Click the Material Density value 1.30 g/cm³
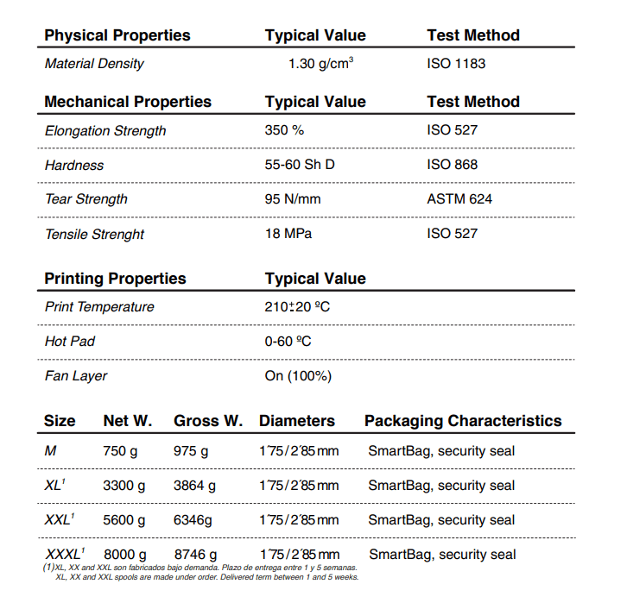point(320,64)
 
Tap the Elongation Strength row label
point(105,131)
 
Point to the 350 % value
point(285,131)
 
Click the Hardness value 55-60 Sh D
point(300,165)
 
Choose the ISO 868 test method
point(452,165)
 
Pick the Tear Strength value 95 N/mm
point(293,199)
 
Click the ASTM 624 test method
point(459,199)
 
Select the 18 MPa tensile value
point(288,234)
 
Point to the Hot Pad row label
point(70,342)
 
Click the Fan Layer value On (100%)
point(298,376)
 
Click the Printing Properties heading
point(115,279)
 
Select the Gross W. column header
point(208,421)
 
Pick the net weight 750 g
point(120,451)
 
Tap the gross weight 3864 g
point(195,486)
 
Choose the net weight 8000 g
point(124,554)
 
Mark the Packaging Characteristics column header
point(463,421)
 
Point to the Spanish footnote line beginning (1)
point(199,568)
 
